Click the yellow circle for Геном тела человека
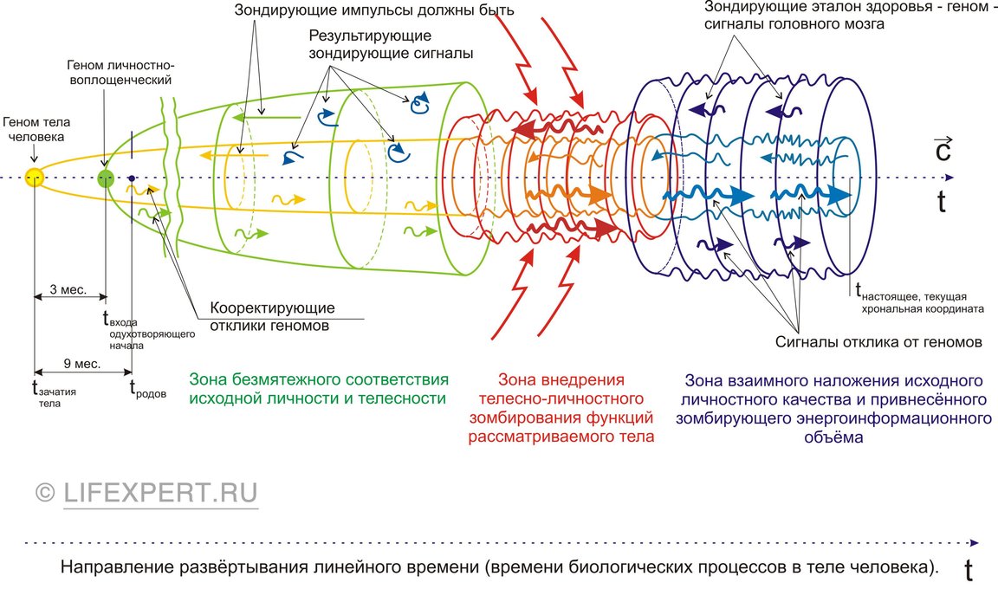(34, 178)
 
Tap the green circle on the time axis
(106, 178)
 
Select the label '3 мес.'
(68, 289)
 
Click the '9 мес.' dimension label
(81, 364)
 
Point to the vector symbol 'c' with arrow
(943, 149)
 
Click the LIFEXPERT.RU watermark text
(146, 493)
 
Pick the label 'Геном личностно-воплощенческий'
(120, 73)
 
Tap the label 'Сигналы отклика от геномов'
(878, 342)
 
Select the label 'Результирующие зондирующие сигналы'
(391, 44)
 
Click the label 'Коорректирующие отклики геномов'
(272, 317)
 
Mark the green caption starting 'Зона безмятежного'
(319, 389)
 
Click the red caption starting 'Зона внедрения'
(561, 408)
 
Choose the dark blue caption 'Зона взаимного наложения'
(833, 409)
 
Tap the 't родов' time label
(147, 389)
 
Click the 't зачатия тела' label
(54, 393)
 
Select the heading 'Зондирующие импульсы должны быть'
(374, 10)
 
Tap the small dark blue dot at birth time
(131, 178)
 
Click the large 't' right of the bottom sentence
(968, 570)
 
